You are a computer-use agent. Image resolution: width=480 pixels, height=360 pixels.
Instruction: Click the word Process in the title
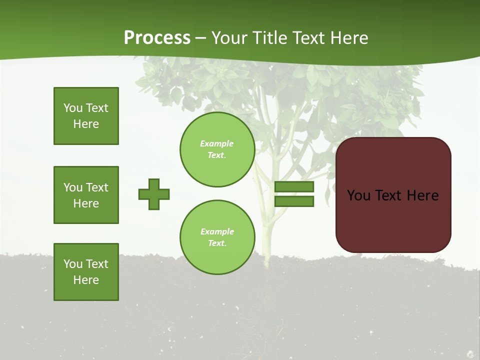[x=157, y=38]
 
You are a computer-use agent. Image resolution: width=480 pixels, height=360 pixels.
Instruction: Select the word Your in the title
[x=229, y=38]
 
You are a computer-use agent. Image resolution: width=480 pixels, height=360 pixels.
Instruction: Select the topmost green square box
[x=86, y=116]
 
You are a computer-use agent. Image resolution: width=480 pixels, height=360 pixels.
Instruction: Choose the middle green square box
[x=86, y=195]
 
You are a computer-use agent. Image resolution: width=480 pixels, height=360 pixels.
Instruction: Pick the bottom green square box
[x=86, y=272]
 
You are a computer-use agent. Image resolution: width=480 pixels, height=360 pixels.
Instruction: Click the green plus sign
[x=154, y=194]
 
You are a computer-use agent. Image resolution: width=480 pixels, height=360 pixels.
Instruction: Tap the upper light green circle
[x=217, y=149]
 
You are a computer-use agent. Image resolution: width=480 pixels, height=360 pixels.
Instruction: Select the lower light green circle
[x=217, y=237]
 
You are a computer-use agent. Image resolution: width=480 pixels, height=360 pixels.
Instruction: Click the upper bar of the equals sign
[x=294, y=187]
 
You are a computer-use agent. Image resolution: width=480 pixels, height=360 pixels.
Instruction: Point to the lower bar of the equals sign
[x=294, y=201]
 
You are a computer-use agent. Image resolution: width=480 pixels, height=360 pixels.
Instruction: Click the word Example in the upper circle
[x=217, y=143]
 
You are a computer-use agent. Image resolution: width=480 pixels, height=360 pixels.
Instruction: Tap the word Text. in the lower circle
[x=217, y=243]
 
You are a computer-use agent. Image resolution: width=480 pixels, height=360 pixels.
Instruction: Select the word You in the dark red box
[x=358, y=195]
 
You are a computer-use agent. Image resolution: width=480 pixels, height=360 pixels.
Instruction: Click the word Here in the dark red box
[x=422, y=195]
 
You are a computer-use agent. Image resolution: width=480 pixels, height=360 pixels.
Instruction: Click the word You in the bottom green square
[x=73, y=264]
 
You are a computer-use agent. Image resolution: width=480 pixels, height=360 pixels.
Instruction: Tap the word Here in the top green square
[x=86, y=124]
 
